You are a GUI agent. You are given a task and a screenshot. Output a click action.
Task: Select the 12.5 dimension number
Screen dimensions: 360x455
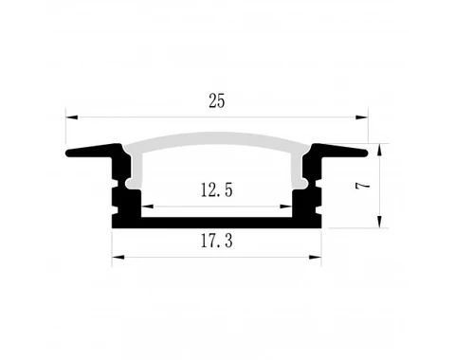216,190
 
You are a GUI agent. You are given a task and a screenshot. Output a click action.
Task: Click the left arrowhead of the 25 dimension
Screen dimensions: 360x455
71,117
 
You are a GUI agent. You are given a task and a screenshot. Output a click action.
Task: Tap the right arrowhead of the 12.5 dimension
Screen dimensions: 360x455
285,206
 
